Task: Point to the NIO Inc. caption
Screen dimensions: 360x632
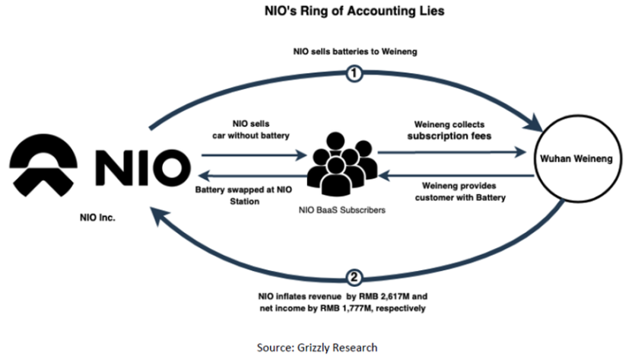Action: pos(100,217)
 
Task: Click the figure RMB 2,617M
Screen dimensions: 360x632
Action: pos(417,295)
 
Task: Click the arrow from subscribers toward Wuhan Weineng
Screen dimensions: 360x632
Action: pos(452,153)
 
